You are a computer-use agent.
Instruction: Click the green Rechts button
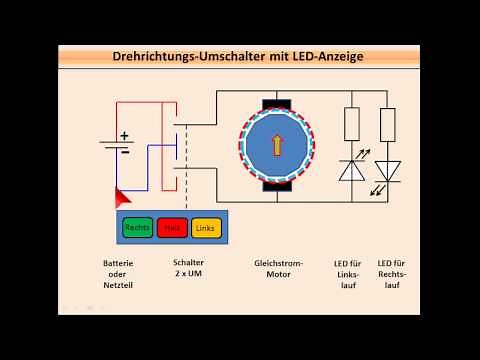pyautogui.click(x=138, y=228)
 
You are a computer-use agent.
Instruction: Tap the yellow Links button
pyautogui.click(x=205, y=228)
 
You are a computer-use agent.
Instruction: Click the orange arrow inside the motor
pyautogui.click(x=277, y=144)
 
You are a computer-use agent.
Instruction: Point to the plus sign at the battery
pyautogui.click(x=125, y=134)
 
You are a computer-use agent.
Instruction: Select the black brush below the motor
pyautogui.click(x=277, y=187)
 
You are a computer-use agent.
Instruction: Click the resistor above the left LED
pyautogui.click(x=351, y=124)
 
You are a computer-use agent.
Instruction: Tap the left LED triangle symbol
pyautogui.click(x=351, y=170)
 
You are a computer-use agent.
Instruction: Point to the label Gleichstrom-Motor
pyautogui.click(x=277, y=269)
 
